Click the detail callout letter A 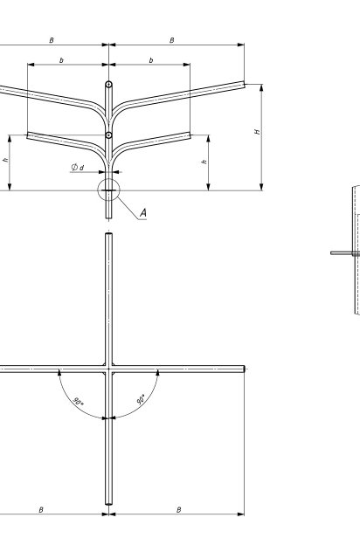[143, 213]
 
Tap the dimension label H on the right [257, 132]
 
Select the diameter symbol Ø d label [78, 167]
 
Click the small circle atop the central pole [109, 85]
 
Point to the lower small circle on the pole [109, 135]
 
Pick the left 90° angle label [78, 401]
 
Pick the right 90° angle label [142, 399]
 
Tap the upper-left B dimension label [52, 40]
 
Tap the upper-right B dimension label [172, 40]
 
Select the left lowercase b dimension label [61, 60]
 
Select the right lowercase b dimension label [151, 60]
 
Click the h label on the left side [5, 160]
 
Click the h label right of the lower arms [204, 162]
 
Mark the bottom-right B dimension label [179, 510]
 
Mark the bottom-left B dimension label [41, 510]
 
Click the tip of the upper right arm [244, 85]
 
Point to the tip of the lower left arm [28, 135]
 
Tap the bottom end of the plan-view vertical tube [109, 504]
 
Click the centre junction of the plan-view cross [109, 369]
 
